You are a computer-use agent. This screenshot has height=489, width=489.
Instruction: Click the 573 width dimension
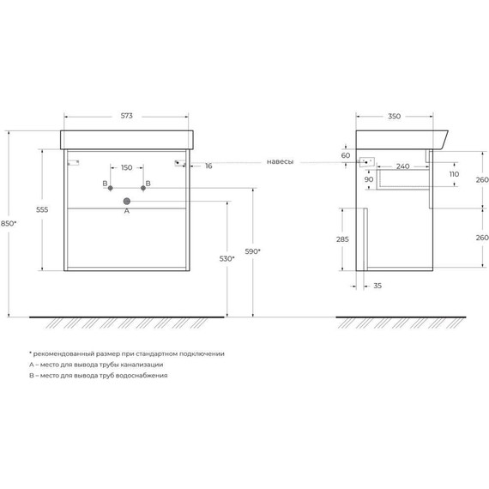click(x=127, y=116)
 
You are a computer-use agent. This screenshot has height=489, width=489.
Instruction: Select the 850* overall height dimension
click(x=9, y=223)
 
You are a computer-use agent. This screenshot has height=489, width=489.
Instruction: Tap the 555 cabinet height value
click(x=42, y=209)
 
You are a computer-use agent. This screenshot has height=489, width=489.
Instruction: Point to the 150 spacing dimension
click(x=127, y=167)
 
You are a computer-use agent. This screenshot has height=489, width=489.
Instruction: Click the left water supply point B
click(x=110, y=188)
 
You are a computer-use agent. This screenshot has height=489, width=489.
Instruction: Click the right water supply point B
click(x=143, y=188)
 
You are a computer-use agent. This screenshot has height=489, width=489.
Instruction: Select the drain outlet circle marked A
click(x=127, y=201)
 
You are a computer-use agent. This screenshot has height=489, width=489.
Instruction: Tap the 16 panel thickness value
click(x=208, y=166)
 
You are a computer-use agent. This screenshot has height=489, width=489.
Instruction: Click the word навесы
click(x=280, y=161)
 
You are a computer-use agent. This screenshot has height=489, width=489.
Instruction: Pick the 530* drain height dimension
click(x=227, y=258)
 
